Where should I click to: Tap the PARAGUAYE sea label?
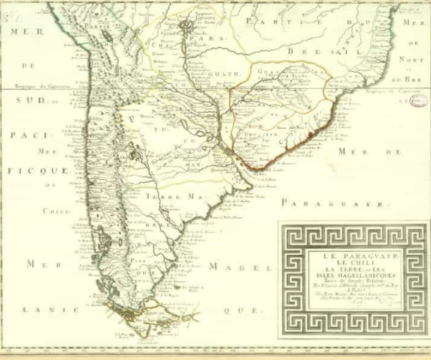[337, 203]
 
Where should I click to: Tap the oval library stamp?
[417, 101]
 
